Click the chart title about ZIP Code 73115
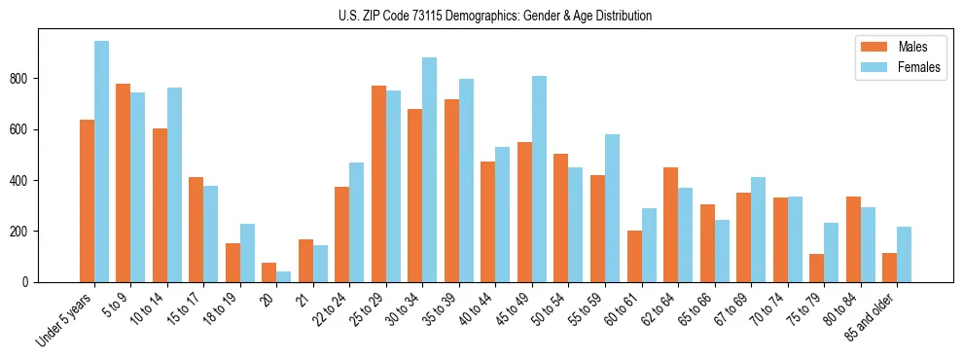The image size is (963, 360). [x=481, y=16]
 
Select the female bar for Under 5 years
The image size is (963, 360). [x=101, y=162]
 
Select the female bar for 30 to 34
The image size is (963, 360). [x=430, y=170]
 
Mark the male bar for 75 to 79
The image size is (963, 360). [x=817, y=268]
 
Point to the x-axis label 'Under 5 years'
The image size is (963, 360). [x=64, y=320]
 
